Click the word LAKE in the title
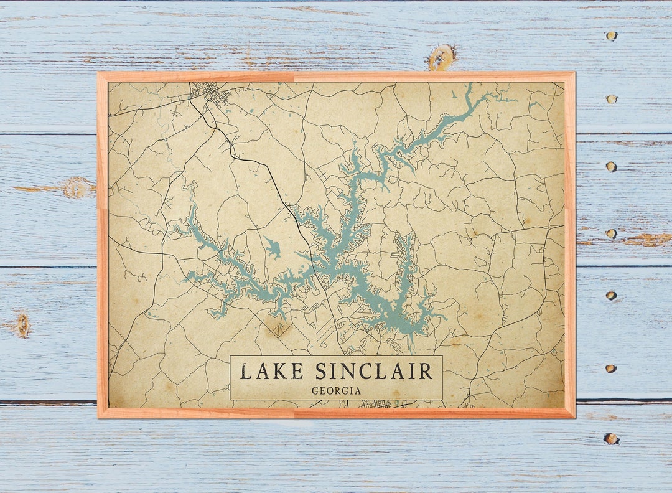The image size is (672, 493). coord(272,372)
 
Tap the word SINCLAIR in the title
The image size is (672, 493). coord(373,372)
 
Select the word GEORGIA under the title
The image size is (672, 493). coord(337,391)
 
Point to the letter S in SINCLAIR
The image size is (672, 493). coord(321,372)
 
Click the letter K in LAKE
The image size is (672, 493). coord(282,372)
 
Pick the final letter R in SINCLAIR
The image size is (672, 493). coord(426,372)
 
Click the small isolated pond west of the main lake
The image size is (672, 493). coord(272,247)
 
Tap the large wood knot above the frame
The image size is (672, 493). coord(441,57)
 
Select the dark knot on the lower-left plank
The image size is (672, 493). coord(23,325)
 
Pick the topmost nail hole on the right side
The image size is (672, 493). coord(612,36)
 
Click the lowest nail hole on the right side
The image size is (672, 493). coord(611,439)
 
